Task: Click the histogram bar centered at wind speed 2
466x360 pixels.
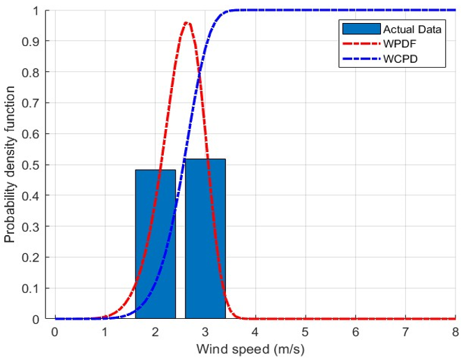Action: coord(155,244)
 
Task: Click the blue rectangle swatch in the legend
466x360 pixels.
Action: coord(361,29)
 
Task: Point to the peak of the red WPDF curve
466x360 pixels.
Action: coord(186,23)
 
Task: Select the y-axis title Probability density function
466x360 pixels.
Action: coord(10,165)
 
